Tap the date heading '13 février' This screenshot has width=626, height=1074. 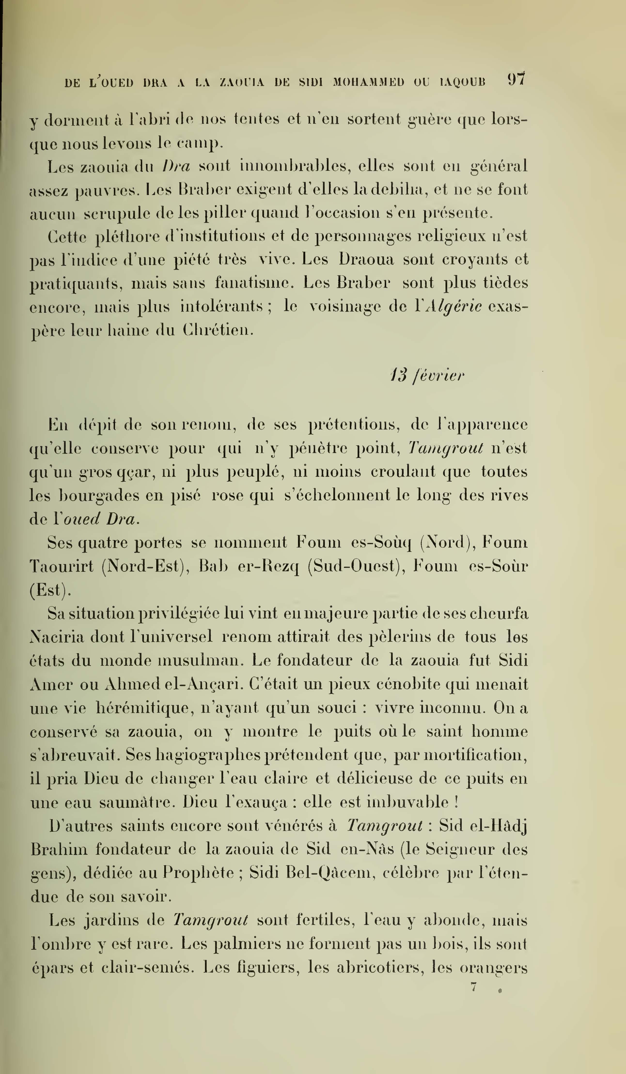pos(427,376)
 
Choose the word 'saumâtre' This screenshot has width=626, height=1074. pos(137,802)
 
